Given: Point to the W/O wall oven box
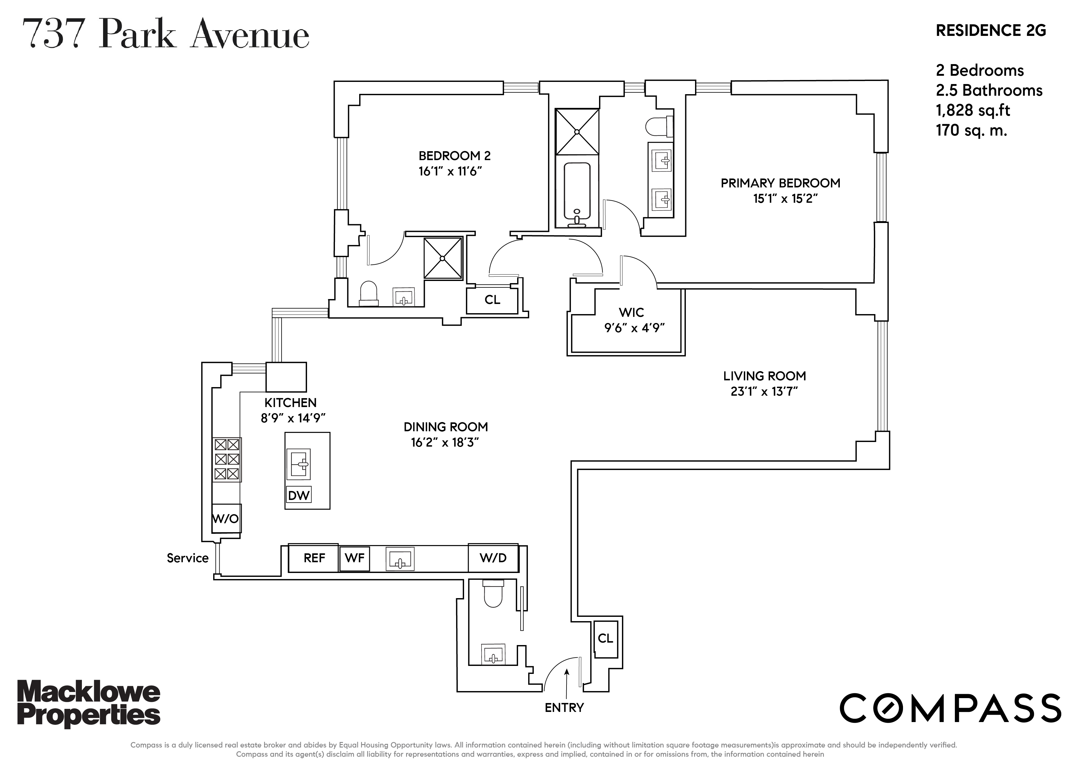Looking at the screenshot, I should (x=226, y=518).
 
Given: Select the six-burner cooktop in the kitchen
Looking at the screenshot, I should (x=227, y=459).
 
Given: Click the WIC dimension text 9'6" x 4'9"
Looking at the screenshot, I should (x=635, y=328).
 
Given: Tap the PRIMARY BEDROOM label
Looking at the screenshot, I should (x=780, y=183).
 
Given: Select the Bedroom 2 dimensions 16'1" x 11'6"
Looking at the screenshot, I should (x=450, y=171).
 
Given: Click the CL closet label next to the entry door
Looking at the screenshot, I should (x=605, y=638).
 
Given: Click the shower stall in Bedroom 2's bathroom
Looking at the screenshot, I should (x=442, y=258).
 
